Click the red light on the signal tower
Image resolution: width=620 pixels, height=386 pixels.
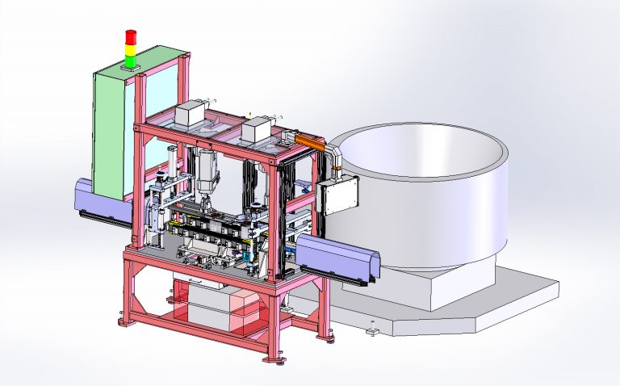tap(129, 36)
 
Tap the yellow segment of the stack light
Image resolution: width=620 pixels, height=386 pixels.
tap(129, 49)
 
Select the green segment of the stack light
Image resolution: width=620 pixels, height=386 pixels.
tap(129, 61)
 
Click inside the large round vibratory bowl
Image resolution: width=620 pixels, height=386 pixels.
tap(420, 149)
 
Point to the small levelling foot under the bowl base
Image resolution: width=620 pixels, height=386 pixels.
tap(371, 329)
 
